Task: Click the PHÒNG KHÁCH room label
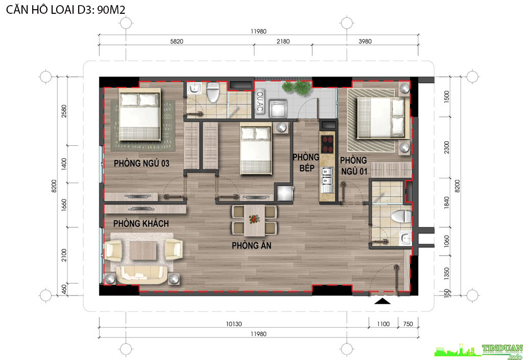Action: tap(141, 223)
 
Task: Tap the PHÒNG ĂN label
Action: tap(252, 245)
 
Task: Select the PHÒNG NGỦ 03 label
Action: tap(142, 163)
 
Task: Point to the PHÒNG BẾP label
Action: tap(306, 163)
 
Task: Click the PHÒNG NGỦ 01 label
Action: tap(354, 166)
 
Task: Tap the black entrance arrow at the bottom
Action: tap(382, 301)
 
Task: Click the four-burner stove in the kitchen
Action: tap(327, 144)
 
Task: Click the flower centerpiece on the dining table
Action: tap(254, 219)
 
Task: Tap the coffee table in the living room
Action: tap(143, 250)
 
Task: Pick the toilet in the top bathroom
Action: tap(213, 92)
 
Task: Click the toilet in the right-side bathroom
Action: tap(401, 216)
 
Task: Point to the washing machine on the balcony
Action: tap(278, 109)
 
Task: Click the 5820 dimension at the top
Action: tap(176, 41)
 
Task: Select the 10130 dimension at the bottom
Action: tap(234, 324)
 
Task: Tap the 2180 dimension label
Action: tap(283, 41)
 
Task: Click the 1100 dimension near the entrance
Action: tap(383, 324)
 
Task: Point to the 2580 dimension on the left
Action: tap(64, 111)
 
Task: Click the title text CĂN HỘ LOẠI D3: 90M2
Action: tap(66, 10)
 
